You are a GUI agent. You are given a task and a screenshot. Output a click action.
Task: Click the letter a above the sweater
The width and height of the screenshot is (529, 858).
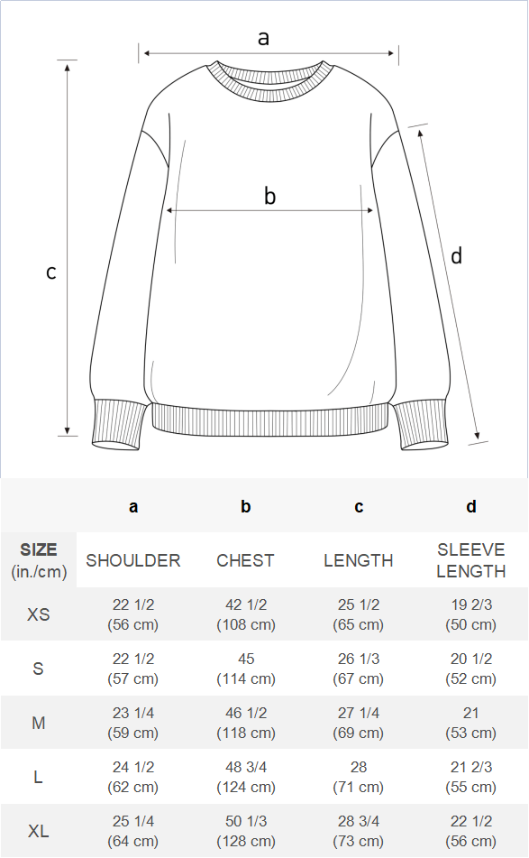(263, 38)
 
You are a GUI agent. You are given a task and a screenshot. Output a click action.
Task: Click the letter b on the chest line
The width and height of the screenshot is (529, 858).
(270, 196)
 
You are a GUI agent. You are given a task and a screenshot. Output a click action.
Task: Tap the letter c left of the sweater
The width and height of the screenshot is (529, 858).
(50, 272)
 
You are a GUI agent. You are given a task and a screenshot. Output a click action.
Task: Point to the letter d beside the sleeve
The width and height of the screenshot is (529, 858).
(456, 255)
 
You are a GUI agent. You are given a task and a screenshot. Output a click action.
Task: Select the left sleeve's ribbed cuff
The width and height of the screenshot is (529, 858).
(119, 425)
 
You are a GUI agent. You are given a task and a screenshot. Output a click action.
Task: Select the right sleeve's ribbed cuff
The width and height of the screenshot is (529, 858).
(422, 425)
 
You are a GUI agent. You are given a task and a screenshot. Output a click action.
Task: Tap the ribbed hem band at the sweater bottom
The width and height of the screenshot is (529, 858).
(271, 420)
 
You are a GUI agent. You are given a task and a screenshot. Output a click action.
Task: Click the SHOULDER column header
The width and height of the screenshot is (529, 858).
(132, 560)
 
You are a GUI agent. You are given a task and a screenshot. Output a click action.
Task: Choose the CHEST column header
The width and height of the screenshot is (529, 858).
(245, 560)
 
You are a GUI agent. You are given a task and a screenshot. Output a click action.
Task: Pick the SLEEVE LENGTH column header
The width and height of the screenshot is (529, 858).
(471, 560)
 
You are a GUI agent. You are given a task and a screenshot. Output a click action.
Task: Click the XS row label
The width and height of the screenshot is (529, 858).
(38, 614)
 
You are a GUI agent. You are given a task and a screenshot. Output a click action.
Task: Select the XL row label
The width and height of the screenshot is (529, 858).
(38, 831)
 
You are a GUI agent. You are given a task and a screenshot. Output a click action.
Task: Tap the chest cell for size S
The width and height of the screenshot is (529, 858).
(246, 669)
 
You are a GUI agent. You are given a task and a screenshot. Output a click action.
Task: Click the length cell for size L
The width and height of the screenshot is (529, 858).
(359, 777)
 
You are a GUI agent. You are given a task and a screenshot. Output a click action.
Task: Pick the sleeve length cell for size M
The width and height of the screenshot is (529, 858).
(471, 723)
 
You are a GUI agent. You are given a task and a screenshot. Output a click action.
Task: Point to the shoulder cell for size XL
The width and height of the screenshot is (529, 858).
(132, 831)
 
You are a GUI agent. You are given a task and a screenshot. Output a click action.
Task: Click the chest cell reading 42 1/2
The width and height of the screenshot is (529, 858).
(246, 614)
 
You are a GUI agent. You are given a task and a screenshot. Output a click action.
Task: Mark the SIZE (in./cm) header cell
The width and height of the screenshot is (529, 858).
(39, 560)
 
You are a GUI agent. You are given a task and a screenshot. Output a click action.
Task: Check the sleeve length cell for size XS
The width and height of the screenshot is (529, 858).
(471, 614)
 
